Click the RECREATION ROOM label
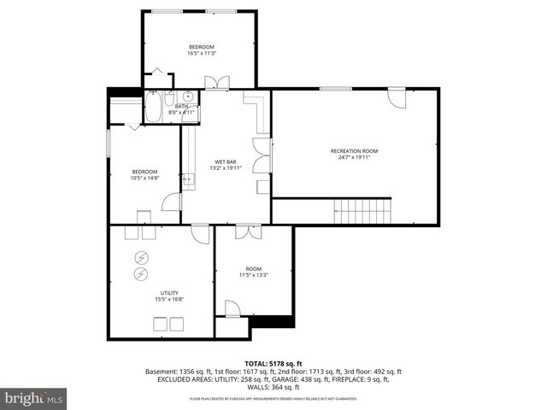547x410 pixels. [354, 151]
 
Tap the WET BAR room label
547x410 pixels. [226, 161]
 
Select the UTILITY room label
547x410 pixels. [169, 293]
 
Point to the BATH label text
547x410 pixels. [181, 106]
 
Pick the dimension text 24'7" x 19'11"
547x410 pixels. [354, 158]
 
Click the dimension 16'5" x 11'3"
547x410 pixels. [201, 53]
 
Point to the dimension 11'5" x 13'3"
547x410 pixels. [253, 275]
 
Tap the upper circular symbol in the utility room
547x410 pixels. [140, 259]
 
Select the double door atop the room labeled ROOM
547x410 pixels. [248, 231]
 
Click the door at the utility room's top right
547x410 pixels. [201, 234]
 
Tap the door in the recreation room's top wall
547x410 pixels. [396, 97]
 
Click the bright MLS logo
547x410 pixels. [33, 397]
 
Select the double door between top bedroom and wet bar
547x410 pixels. [216, 83]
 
